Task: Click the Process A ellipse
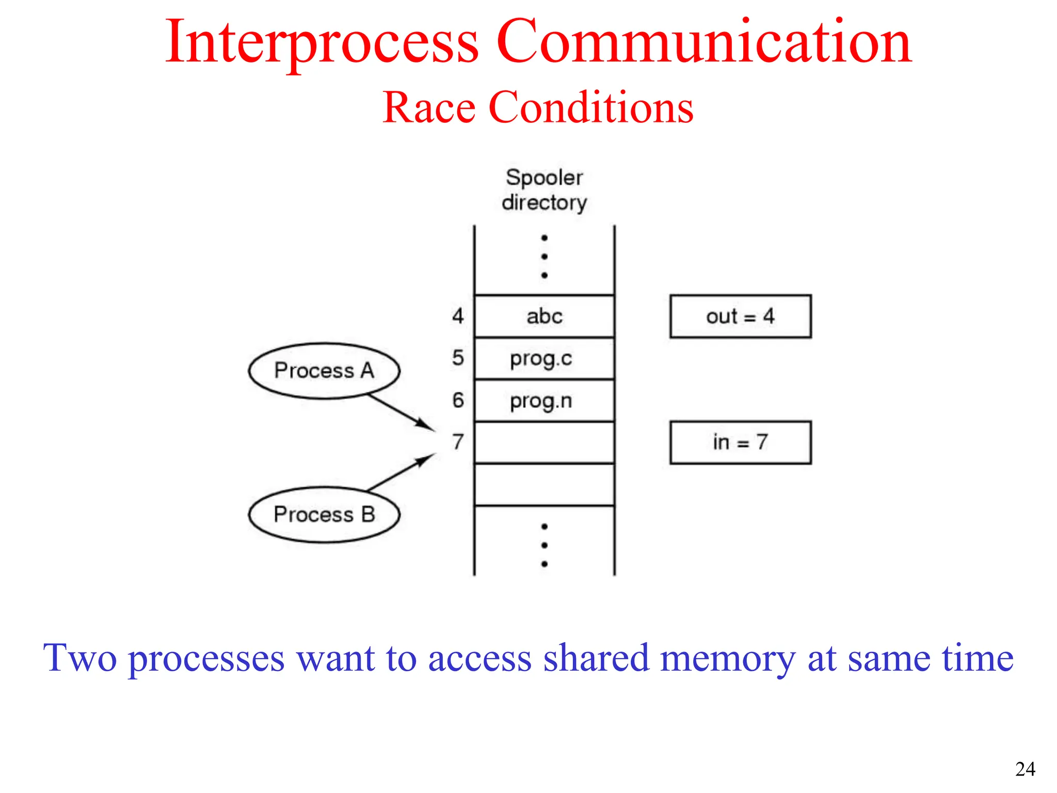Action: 324,371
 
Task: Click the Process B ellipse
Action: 324,515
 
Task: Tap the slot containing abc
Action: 544,316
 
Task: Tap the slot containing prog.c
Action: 544,359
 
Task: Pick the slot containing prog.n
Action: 544,401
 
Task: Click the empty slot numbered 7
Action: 544,443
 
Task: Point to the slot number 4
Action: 458,316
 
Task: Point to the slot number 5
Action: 458,358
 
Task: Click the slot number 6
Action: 458,401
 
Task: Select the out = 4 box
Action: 740,316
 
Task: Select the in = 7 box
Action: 740,442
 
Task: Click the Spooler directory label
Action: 544,190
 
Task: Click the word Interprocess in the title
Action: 322,42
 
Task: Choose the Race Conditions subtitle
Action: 538,107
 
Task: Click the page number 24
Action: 1025,769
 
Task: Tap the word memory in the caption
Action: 728,659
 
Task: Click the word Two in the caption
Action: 80,659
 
